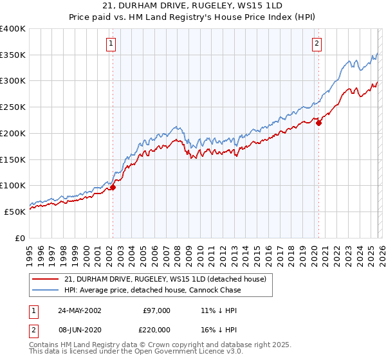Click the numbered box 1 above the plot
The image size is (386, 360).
coord(111,44)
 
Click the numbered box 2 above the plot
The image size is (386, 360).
coord(317,44)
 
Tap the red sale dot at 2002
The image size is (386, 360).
coord(112,187)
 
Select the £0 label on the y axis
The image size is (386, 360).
coord(20,238)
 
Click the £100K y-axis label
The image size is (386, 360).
coord(13,186)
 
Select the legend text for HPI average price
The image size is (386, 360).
coord(152,290)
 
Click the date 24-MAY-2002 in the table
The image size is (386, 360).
coord(80,310)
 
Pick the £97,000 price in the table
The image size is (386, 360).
coord(156,310)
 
